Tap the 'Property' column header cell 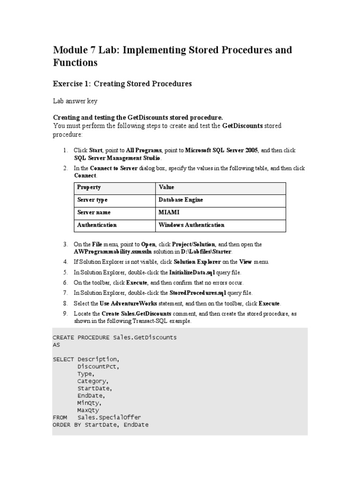click(x=89, y=187)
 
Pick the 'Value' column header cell click(x=166, y=187)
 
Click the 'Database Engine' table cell click(x=181, y=200)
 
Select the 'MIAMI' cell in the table click(x=169, y=212)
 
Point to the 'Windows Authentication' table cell click(x=191, y=225)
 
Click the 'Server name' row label click(x=94, y=212)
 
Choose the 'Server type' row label click(x=92, y=200)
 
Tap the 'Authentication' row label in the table click(x=97, y=225)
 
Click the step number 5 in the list click(x=65, y=272)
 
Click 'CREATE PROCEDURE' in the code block click(x=81, y=337)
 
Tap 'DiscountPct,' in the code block click(x=98, y=367)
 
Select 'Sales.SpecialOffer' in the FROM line click(x=109, y=417)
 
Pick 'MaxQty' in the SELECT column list click(x=89, y=410)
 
